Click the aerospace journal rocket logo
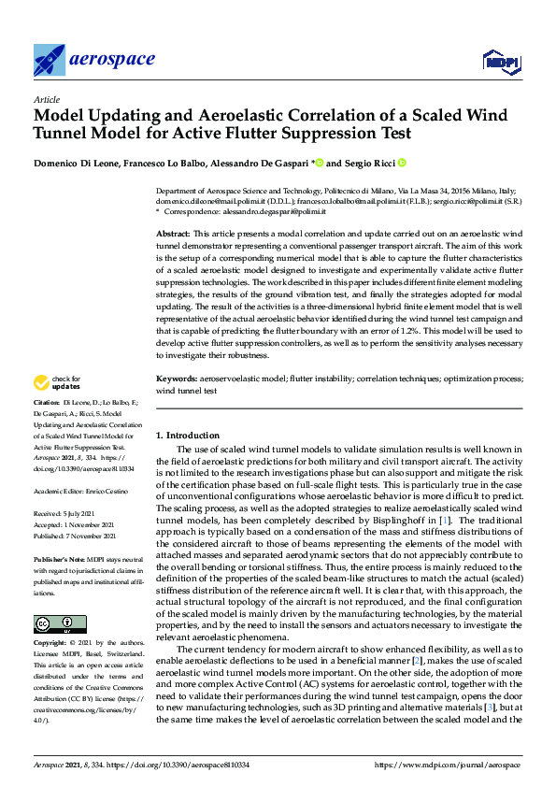49,60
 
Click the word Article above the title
46,98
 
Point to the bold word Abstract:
172,232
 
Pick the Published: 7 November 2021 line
78,535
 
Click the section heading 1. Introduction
187,436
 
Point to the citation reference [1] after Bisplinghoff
446,519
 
